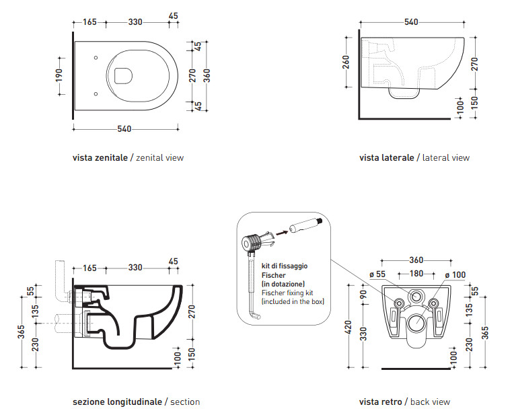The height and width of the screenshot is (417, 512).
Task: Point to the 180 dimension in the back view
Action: coord(417,274)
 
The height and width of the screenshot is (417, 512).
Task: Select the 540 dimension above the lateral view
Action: coord(412,22)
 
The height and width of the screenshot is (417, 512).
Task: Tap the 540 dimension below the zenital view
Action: coord(124,128)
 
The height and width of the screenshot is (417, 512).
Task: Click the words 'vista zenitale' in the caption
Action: coord(102,158)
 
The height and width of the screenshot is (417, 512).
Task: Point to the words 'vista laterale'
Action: coord(387,158)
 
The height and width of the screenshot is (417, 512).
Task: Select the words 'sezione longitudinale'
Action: coord(117,402)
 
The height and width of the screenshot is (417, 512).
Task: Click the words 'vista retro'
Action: coord(380,402)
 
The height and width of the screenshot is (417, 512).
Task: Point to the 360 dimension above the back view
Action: coord(417,260)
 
